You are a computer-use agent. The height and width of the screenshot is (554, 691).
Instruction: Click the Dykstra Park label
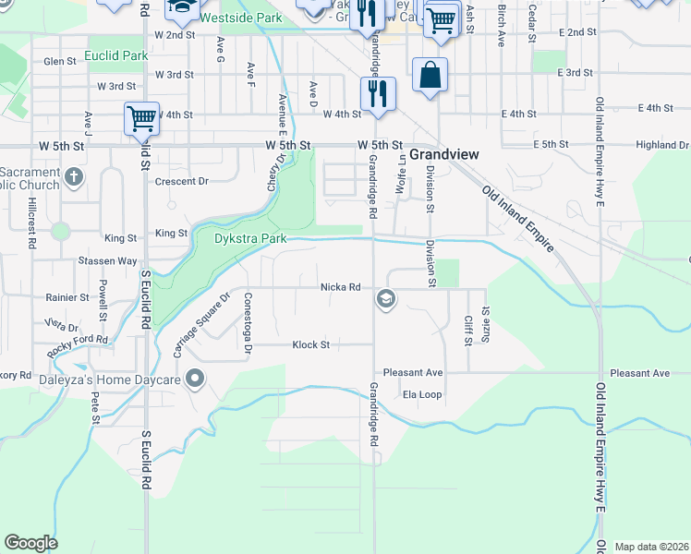pos(237,238)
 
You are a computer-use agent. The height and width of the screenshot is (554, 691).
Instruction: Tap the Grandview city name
pos(443,154)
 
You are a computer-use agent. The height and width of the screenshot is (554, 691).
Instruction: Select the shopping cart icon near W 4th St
pos(141,118)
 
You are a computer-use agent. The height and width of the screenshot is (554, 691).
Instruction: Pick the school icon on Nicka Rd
pos(385,298)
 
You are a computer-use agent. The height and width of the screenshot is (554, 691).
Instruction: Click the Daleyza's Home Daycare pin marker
pos(195,378)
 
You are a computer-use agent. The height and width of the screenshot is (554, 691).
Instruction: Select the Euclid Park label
pos(115,56)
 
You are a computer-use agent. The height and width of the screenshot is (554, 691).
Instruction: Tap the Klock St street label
pos(310,345)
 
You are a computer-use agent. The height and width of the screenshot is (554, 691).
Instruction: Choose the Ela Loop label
pos(422,395)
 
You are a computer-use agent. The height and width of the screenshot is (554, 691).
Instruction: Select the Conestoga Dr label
pos(247,323)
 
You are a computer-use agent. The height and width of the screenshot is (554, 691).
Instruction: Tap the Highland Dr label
pos(662,146)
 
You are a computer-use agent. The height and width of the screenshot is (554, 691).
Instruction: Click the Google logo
pos(30,543)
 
